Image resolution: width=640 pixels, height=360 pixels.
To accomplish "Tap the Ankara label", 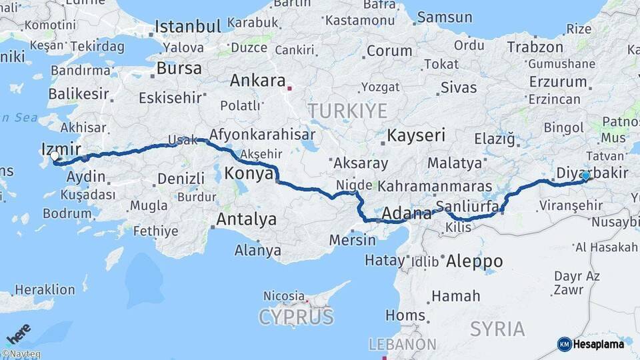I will [x=257, y=81].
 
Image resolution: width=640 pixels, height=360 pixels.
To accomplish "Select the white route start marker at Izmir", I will [x=55, y=157].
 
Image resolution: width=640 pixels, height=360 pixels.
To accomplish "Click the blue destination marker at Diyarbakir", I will [x=585, y=176].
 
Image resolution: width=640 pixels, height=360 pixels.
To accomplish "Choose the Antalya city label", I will [x=246, y=219].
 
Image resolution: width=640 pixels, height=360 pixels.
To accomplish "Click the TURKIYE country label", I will [x=347, y=110].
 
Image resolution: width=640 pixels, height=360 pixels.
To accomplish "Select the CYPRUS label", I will [x=296, y=317].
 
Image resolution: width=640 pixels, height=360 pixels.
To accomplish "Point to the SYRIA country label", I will [x=497, y=328].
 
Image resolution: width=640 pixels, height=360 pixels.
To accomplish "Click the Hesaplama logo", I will [x=591, y=344].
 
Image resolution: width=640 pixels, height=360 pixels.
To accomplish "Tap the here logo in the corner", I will [x=19, y=331].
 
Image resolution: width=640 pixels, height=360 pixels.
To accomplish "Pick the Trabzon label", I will [x=535, y=47].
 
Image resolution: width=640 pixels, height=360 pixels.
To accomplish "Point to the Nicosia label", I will [x=284, y=295].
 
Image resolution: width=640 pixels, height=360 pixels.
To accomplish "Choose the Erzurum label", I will [x=557, y=81].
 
